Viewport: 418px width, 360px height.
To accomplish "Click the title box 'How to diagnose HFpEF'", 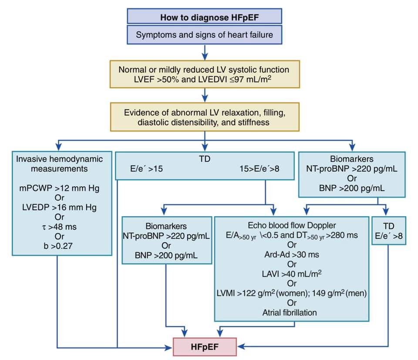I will (204, 17).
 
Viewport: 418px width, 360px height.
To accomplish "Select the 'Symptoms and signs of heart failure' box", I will (204, 34).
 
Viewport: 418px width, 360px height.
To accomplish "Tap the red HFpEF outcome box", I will (205, 347).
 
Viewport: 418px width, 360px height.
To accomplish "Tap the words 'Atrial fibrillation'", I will (292, 312).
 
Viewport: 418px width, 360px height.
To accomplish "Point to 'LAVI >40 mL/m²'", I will (292, 273).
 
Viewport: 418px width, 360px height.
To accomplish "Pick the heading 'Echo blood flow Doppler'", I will (292, 225).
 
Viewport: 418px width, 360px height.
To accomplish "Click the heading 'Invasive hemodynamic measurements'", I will (54, 163).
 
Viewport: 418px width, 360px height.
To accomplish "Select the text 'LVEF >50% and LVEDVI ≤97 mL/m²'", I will (204, 79).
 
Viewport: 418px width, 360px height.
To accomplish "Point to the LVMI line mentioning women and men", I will (292, 293).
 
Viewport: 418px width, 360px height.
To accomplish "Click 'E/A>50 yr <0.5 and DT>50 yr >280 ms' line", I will (292, 235).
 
